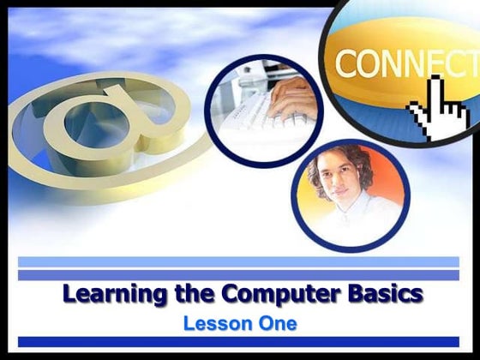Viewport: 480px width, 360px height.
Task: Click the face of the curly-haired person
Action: (339, 184)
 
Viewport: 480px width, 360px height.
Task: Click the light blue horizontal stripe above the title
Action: (239, 261)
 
